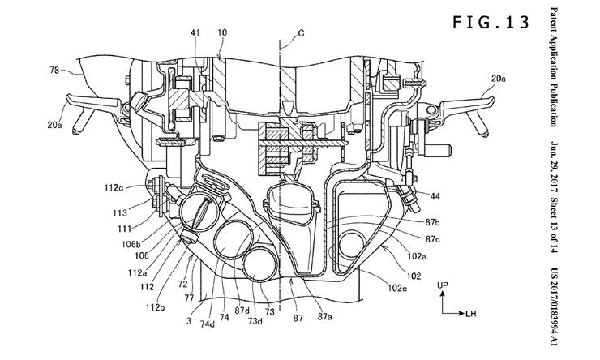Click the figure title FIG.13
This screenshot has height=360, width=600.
coord(491,23)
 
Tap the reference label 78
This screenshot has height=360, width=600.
coord(54,70)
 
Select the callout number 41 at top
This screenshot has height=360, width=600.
coord(195,33)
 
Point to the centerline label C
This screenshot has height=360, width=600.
coord(301,33)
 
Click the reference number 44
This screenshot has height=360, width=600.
coord(435,197)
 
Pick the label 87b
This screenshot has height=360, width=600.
coord(432,221)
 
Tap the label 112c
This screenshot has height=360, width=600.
coord(114,187)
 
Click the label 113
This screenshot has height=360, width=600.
coord(120,212)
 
